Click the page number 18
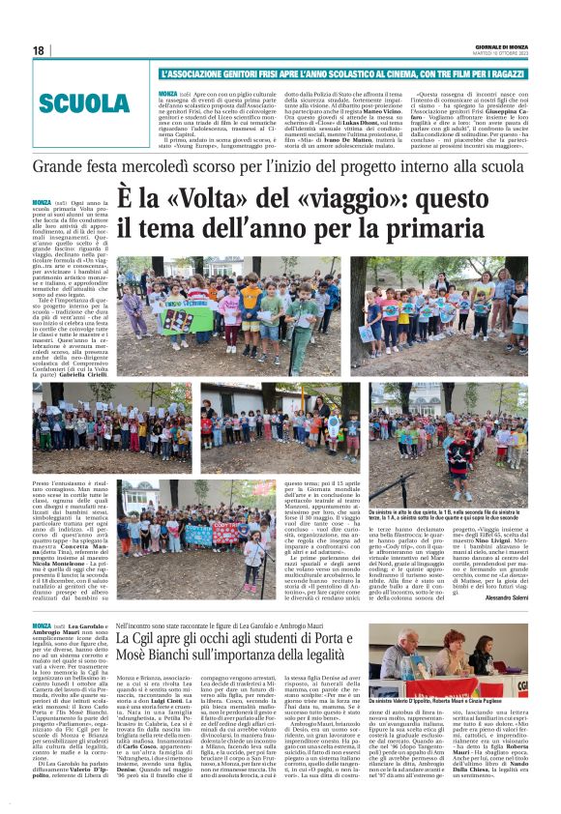pyautogui.click(x=39, y=50)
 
